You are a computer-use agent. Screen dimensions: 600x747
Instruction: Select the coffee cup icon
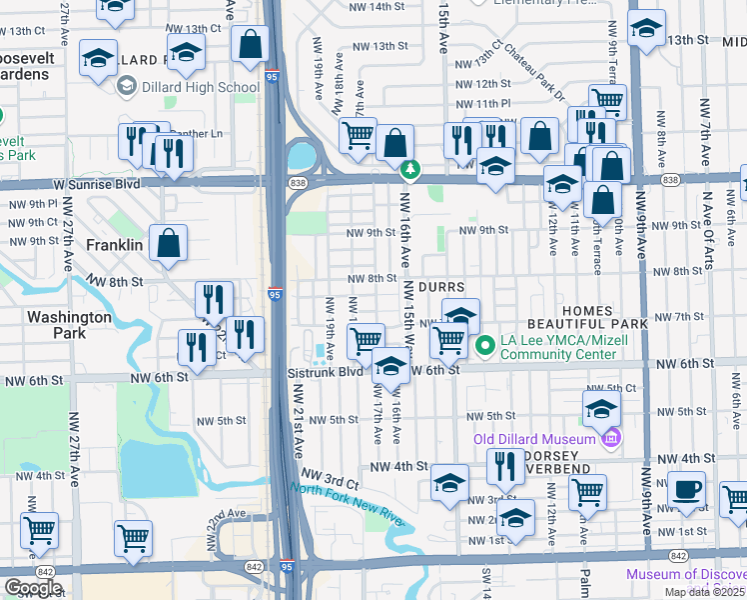pos(686,490)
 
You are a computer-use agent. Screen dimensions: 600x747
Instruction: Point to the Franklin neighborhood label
pos(114,244)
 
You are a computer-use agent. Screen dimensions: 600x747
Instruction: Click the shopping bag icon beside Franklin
pos(170,244)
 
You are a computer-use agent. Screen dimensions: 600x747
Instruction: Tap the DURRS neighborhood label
pos(440,287)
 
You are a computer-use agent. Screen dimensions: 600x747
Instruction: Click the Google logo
pos(32,588)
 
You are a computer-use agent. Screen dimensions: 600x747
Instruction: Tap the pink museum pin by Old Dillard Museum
pos(611,437)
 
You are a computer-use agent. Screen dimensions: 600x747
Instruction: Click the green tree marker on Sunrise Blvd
pos(408,169)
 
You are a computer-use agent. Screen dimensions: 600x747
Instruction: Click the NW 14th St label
pos(375,6)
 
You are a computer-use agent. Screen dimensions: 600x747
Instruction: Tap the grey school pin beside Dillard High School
pos(126,87)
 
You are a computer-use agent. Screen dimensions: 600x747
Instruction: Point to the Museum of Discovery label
pos(686,574)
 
